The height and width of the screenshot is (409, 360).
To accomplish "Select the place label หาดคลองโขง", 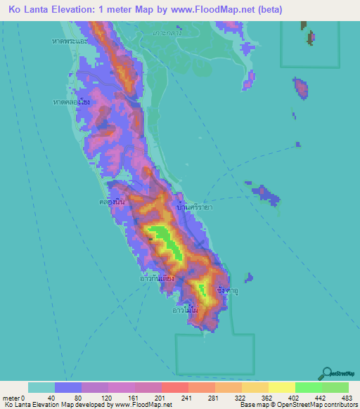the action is (71, 103).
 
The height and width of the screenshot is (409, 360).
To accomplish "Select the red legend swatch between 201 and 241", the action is (174, 387).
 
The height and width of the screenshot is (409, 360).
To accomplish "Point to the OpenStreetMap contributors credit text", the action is (321, 405).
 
